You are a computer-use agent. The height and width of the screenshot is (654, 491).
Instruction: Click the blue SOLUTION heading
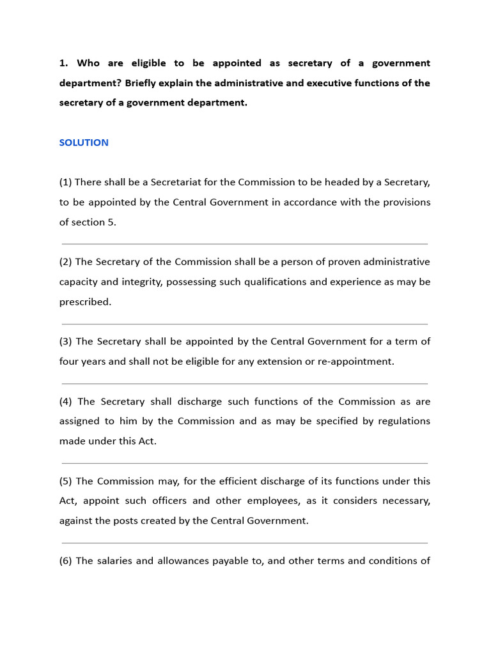[x=84, y=142]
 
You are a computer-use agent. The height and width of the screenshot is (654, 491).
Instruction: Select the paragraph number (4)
[x=67, y=402]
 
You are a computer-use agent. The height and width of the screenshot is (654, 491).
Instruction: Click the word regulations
[x=403, y=422]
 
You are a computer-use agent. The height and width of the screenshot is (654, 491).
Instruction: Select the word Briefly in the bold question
[x=143, y=83]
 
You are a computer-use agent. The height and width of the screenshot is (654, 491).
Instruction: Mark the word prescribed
[x=85, y=302]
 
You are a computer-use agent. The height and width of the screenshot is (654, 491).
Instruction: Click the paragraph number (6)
[x=66, y=561]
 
